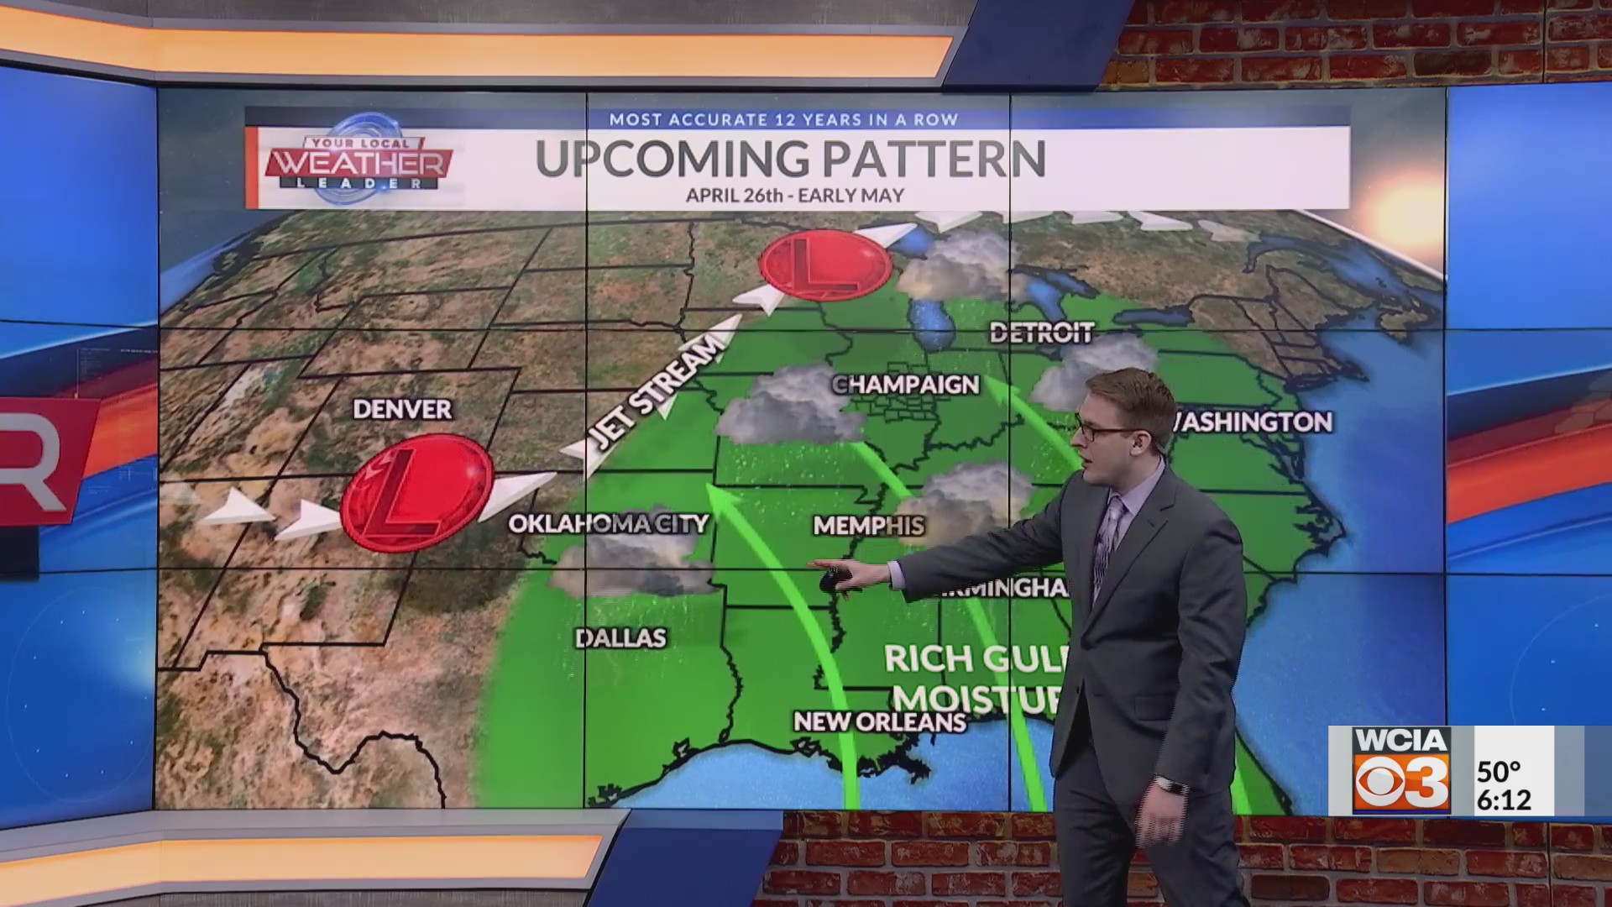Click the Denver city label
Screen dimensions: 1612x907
click(x=402, y=409)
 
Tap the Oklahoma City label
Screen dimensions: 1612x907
click(x=609, y=523)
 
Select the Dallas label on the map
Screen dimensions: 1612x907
click(x=620, y=638)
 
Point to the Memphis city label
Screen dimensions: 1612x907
click(x=868, y=526)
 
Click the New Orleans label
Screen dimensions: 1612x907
click(x=880, y=721)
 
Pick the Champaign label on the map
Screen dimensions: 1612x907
click(x=906, y=385)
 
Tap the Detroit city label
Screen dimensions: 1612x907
click(x=1041, y=333)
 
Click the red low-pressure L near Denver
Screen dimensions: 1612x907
click(x=416, y=493)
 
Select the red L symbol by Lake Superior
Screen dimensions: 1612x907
click(x=824, y=265)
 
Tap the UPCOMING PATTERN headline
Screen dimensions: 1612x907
click(x=790, y=159)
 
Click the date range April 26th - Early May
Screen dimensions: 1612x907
click(x=794, y=196)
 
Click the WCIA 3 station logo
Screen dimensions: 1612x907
click(x=1401, y=770)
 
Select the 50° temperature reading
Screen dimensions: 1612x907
click(x=1499, y=771)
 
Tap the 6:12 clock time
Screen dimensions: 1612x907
click(x=1504, y=800)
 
